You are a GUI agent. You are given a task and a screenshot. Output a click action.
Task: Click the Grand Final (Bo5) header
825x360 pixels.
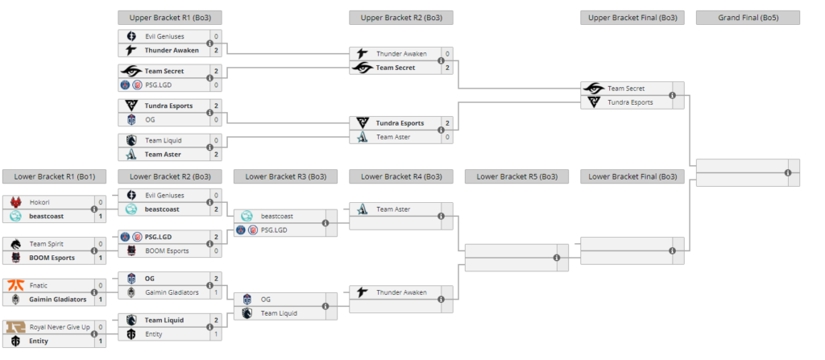(748, 18)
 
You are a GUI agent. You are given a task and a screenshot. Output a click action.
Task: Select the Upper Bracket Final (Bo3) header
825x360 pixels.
(632, 18)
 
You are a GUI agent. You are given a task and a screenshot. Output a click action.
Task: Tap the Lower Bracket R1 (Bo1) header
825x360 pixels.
(54, 176)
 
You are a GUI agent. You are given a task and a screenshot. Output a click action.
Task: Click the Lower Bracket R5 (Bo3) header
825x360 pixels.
(516, 176)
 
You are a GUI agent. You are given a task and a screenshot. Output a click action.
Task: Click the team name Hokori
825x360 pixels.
(41, 203)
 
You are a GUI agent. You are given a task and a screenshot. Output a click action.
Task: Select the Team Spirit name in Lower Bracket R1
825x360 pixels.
(47, 243)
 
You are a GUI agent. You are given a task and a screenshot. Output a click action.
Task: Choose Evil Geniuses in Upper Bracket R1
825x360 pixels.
(164, 36)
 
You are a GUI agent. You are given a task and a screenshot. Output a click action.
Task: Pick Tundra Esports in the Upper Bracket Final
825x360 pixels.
(629, 102)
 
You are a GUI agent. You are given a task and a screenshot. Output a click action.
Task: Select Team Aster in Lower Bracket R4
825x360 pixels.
(393, 209)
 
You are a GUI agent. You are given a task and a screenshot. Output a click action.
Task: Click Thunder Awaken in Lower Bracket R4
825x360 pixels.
(400, 292)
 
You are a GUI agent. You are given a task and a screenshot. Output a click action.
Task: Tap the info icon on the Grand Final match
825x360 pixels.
(788, 172)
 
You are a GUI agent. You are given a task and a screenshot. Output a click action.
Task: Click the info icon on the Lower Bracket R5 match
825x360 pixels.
(557, 258)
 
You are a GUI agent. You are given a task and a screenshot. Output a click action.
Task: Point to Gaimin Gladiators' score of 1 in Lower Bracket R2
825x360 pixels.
(216, 292)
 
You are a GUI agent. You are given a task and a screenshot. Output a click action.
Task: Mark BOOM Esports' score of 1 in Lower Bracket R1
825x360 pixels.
(101, 258)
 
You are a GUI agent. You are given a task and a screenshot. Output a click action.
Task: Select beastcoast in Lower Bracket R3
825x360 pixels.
(277, 216)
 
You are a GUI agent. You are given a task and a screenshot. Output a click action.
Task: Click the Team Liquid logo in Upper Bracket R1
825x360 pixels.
(131, 140)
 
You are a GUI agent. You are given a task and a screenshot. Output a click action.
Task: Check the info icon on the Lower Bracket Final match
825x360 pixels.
(673, 250)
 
